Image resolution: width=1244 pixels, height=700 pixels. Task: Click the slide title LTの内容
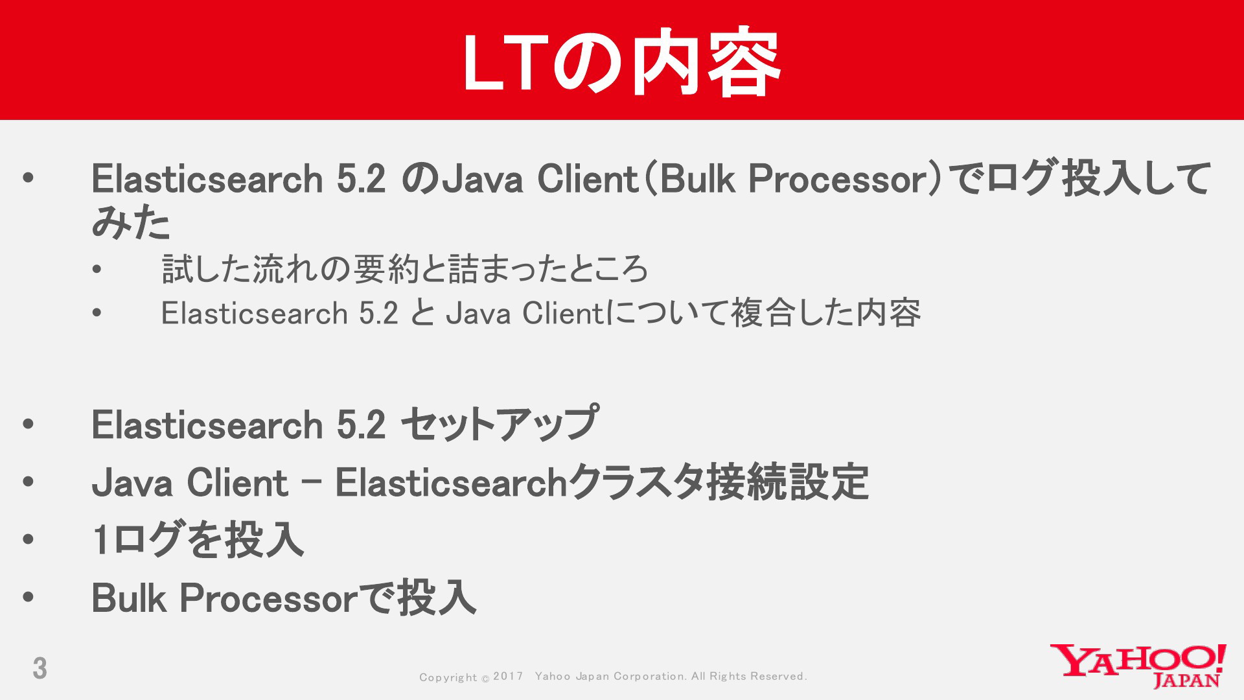coord(621,62)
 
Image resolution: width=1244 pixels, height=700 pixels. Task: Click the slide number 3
coord(40,668)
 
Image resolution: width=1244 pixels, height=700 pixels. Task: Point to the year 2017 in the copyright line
coord(508,676)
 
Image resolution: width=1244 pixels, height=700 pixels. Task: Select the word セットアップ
coord(499,425)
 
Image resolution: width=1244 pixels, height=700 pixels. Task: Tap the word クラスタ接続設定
coord(719,482)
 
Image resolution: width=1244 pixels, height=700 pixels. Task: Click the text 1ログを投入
coord(198,540)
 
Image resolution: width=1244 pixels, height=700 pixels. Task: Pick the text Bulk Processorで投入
coord(284,597)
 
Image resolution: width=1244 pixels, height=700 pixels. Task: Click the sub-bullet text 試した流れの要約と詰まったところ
coord(405,269)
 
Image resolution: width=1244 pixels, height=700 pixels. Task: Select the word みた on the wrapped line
coord(131,223)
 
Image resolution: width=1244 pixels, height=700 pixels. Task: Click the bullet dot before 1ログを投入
coord(27,539)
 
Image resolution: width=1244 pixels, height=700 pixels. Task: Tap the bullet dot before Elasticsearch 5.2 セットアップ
coord(27,425)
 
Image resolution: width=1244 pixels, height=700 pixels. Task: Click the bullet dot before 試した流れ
coord(97,270)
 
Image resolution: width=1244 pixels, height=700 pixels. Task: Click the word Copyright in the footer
coord(448,677)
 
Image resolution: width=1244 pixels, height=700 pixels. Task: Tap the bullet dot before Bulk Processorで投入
coord(27,597)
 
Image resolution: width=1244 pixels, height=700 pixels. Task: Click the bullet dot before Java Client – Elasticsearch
coord(27,482)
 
